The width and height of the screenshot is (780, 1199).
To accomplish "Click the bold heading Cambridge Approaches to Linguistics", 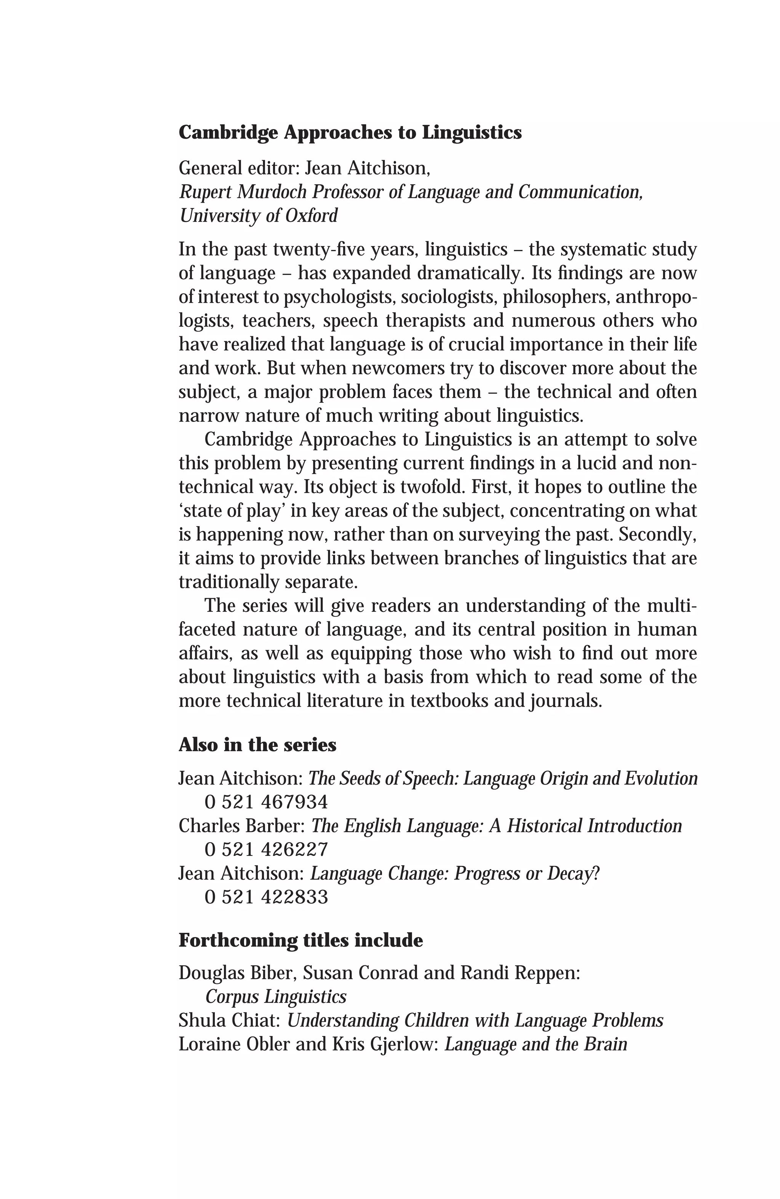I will point(350,133).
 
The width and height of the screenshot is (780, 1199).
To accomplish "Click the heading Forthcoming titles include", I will point(301,940).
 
